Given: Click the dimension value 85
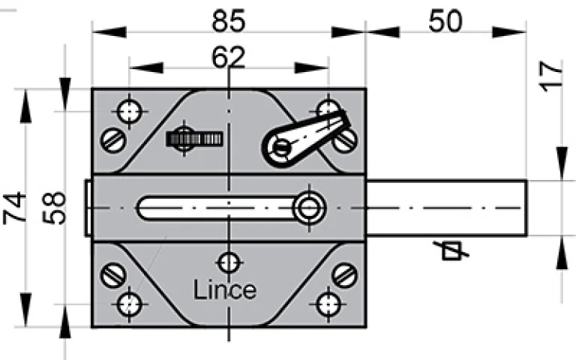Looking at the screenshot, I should [x=228, y=22].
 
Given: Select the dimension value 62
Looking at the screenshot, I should [x=229, y=58].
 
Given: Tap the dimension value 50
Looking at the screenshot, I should [x=445, y=22].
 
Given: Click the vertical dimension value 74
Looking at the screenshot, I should [x=16, y=208].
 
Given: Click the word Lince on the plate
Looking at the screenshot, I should [x=225, y=289].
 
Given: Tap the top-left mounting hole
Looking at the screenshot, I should [x=130, y=112].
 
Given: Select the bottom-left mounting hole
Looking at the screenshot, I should [x=130, y=304].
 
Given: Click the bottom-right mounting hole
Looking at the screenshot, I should [x=327, y=304].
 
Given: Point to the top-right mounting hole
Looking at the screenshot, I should [x=327, y=109].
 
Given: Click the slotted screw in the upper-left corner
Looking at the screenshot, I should [x=112, y=139].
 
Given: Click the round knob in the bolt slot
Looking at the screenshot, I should [x=307, y=208].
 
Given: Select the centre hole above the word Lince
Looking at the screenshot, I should [x=229, y=262].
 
